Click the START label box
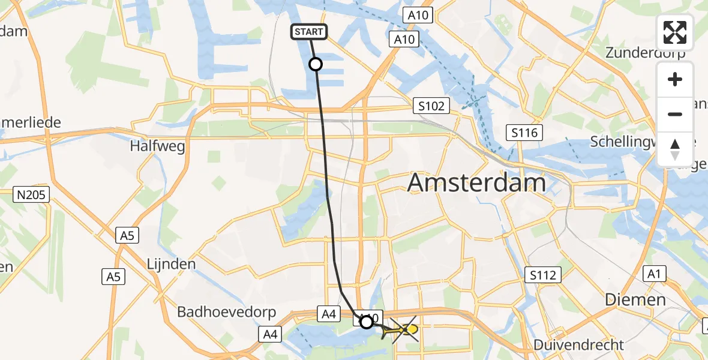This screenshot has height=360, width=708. pyautogui.click(x=310, y=32)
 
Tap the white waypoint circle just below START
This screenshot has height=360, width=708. pyautogui.click(x=315, y=64)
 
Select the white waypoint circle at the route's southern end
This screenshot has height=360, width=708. pyautogui.click(x=366, y=322)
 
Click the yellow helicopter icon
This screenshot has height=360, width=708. pyautogui.click(x=404, y=329)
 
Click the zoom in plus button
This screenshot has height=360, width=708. pyautogui.click(x=675, y=79)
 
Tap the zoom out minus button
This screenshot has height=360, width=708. pyautogui.click(x=675, y=114)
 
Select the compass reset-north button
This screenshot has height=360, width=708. pyautogui.click(x=675, y=149)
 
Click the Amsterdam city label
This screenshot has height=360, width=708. pyautogui.click(x=477, y=182)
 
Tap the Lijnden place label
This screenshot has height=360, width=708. pyautogui.click(x=172, y=264)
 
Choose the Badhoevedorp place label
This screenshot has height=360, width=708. pyautogui.click(x=226, y=312)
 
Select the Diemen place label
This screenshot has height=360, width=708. pyautogui.click(x=635, y=299)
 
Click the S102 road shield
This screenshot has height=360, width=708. pyautogui.click(x=431, y=106)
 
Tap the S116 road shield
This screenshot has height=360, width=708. pyautogui.click(x=524, y=133)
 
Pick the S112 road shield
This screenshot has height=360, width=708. pyautogui.click(x=543, y=275)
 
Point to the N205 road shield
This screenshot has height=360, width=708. pyautogui.click(x=31, y=194)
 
